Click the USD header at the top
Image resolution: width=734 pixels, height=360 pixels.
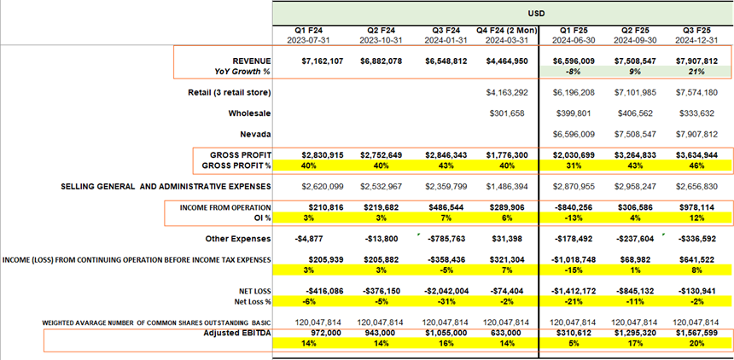click(503, 13)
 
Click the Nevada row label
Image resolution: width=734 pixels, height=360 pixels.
click(258, 134)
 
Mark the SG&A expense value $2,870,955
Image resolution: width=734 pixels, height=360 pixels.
click(571, 186)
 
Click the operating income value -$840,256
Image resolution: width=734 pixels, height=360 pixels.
click(571, 206)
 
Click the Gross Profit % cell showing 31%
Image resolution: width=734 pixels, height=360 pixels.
click(571, 165)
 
